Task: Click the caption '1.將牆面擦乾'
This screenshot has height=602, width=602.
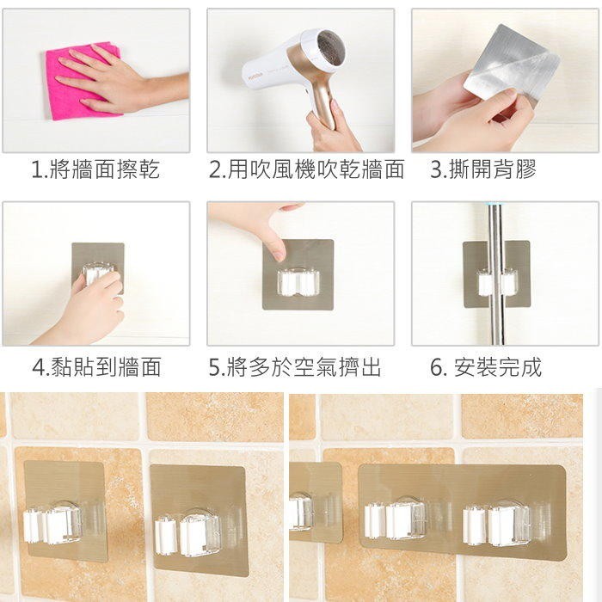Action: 95,169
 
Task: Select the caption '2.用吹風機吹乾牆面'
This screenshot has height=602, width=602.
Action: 306,169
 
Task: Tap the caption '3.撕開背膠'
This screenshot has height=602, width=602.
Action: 483,169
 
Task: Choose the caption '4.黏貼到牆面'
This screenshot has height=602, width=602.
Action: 96,366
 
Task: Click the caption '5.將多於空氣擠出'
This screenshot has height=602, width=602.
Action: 295,366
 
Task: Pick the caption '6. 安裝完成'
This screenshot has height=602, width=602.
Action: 486,366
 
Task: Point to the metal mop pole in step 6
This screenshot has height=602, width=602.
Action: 496,273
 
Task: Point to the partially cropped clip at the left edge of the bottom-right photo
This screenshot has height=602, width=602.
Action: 301,513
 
